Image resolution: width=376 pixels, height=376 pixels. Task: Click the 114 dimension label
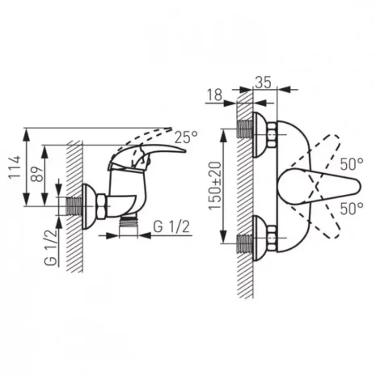tap(15, 167)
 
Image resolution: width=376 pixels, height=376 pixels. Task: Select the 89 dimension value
tap(36, 175)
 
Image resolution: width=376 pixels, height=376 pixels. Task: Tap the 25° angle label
tap(186, 137)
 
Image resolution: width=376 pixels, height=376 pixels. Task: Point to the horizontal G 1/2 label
tap(171, 226)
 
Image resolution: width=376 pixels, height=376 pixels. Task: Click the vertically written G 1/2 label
tap(50, 247)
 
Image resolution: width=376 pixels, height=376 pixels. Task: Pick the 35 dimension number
tap(263, 82)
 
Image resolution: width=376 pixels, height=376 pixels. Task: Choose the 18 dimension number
tap(215, 95)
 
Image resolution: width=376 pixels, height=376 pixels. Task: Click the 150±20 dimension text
tap(215, 186)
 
